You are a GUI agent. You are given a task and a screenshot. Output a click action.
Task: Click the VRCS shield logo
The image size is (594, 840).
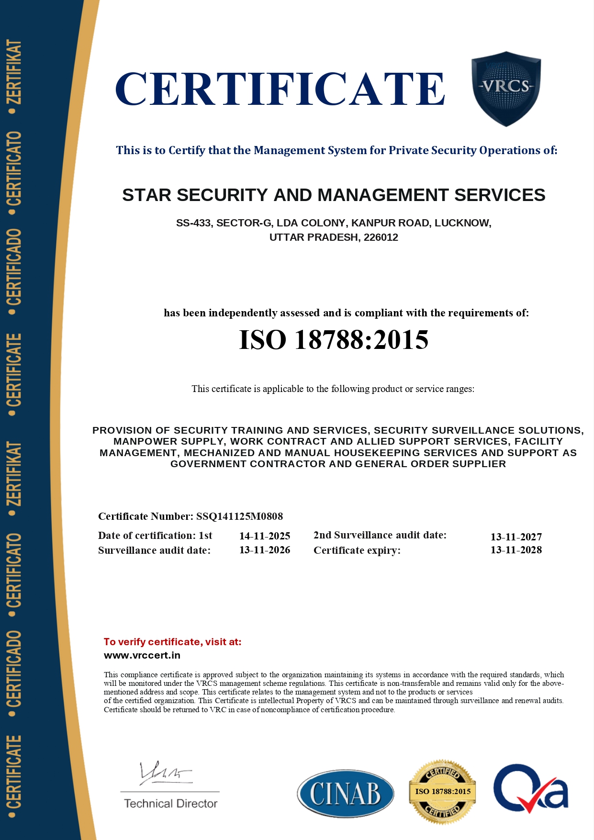pyautogui.click(x=506, y=89)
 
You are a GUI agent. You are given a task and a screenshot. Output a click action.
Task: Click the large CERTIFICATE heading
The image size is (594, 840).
pyautogui.click(x=280, y=90)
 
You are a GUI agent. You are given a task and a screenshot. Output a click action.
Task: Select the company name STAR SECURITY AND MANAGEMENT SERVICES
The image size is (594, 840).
pyautogui.click(x=334, y=195)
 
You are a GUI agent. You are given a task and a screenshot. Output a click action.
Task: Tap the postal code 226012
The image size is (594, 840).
pyautogui.click(x=381, y=237)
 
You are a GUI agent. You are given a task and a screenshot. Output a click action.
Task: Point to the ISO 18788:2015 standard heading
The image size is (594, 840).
pyautogui.click(x=334, y=340)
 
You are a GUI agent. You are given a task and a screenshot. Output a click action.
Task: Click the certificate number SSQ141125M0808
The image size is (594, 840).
pyautogui.click(x=239, y=516)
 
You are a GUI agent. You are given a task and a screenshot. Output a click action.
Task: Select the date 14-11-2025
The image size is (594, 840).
pyautogui.click(x=265, y=536)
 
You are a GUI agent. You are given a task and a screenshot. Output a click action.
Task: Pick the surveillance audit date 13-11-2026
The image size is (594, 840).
pyautogui.click(x=265, y=550)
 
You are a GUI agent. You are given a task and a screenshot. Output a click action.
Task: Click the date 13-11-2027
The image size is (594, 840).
pyautogui.click(x=516, y=537)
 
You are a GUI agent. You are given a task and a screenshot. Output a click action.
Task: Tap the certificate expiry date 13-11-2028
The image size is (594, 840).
pyautogui.click(x=516, y=550)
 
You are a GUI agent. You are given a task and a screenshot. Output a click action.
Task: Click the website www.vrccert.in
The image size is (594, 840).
pyautogui.click(x=142, y=655)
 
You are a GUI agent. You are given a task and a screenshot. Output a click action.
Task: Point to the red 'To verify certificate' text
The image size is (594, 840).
pyautogui.click(x=172, y=642)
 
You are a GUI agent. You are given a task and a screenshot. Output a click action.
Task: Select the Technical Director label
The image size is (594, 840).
pyautogui.click(x=171, y=804)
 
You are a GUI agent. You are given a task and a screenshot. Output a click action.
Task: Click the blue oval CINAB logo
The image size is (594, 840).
pyautogui.click(x=345, y=793)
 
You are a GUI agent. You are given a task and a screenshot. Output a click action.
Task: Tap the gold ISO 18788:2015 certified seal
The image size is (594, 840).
pyautogui.click(x=443, y=792)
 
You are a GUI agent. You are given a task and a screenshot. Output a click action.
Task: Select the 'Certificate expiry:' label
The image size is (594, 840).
pyautogui.click(x=357, y=550)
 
